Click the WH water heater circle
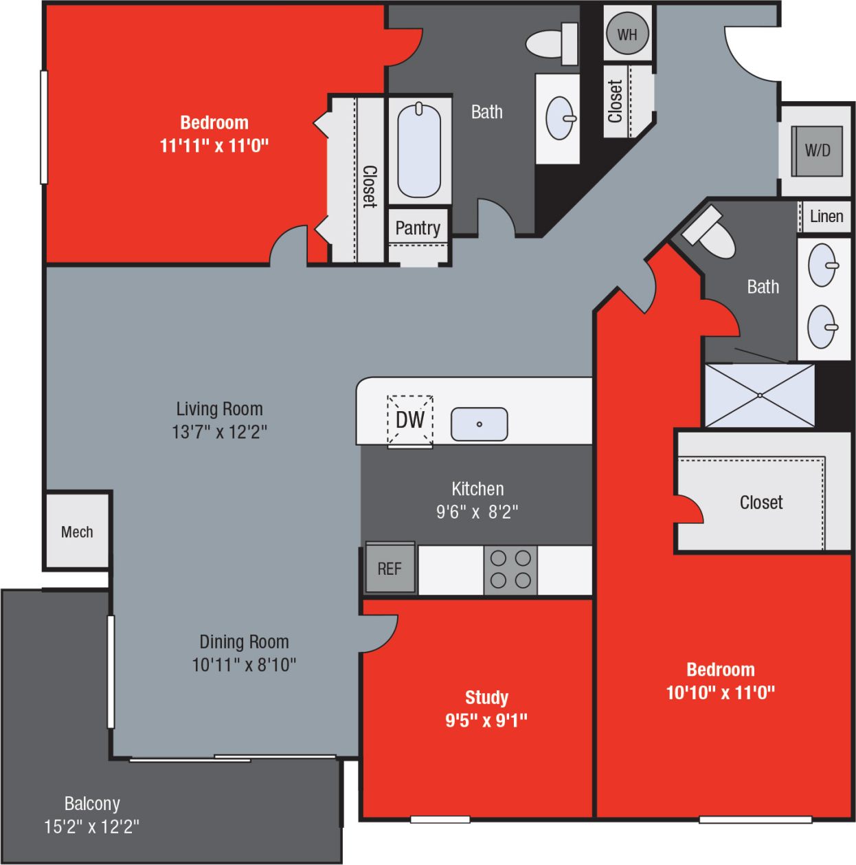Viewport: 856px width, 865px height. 627,34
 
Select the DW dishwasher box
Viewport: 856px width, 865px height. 410,419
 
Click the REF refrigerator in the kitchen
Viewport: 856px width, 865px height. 390,569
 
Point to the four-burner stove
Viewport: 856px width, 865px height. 510,570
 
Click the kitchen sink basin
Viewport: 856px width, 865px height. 479,424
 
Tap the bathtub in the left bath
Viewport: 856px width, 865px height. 419,150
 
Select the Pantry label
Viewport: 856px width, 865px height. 418,228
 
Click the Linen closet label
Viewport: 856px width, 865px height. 826,217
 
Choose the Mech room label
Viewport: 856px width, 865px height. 77,532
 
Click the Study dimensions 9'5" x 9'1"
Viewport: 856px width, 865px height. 486,721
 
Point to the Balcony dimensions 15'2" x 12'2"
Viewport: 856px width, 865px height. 91,826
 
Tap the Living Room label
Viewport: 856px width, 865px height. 219,409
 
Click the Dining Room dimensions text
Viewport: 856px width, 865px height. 244,665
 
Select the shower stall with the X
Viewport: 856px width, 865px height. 759,395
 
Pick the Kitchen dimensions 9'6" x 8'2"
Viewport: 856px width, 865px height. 477,512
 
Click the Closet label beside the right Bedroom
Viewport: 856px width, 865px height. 761,503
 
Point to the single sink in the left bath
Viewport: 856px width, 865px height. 560,118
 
